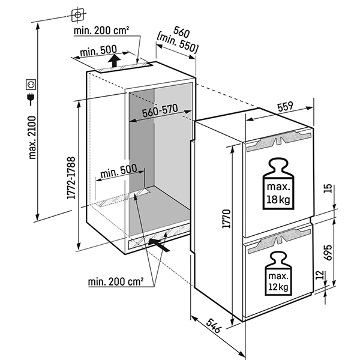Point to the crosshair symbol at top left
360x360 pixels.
(x=78, y=13)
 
